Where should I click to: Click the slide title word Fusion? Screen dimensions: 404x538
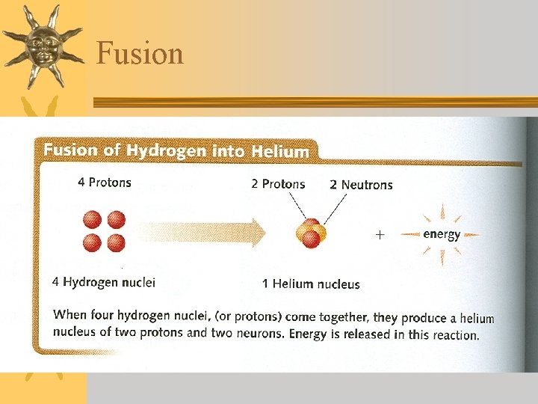pyautogui.click(x=140, y=54)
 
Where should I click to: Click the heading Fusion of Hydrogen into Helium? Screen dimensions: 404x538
pyautogui.click(x=176, y=150)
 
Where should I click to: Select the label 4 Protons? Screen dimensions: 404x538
pyautogui.click(x=104, y=183)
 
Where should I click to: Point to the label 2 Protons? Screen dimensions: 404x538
pyautogui.click(x=278, y=184)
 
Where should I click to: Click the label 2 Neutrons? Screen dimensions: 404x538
pyautogui.click(x=361, y=185)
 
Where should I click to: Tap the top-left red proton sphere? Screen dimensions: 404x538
pyautogui.click(x=93, y=220)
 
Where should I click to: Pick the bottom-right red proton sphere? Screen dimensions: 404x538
pyautogui.click(x=116, y=242)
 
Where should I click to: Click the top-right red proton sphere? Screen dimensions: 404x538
pyautogui.click(x=116, y=220)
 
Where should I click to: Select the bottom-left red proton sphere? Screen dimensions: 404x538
pyautogui.click(x=93, y=242)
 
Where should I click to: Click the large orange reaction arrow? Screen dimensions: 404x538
pyautogui.click(x=202, y=233)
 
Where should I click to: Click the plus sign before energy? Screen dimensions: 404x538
pyautogui.click(x=380, y=235)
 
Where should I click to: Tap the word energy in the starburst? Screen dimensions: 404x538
pyautogui.click(x=442, y=234)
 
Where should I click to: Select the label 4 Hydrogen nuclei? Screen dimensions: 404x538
pyautogui.click(x=104, y=282)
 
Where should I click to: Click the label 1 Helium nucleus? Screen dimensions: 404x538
pyautogui.click(x=311, y=284)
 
